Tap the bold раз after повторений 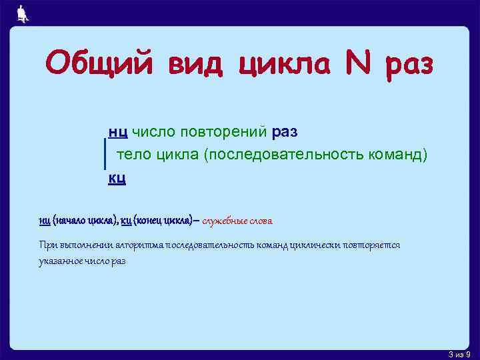pyautogui.click(x=285, y=132)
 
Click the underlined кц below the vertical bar pyautogui.click(x=117, y=178)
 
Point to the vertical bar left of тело pyautogui.click(x=105, y=154)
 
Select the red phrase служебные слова pyautogui.click(x=237, y=221)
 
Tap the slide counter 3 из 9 pyautogui.click(x=460, y=354)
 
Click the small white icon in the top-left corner pyautogui.click(x=23, y=14)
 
